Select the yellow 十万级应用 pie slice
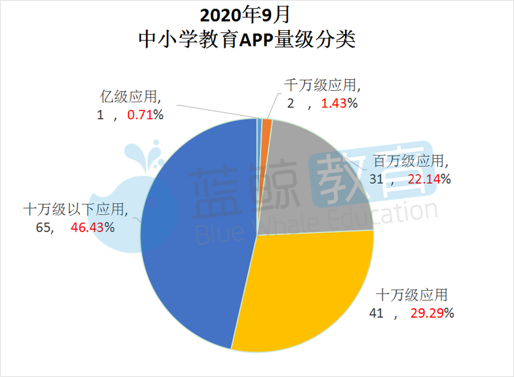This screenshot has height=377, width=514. coord(308,290)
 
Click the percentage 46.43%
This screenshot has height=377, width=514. coord(93,227)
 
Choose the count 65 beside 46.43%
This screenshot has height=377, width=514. coord(46,227)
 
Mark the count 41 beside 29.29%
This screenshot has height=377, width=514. coord(376,314)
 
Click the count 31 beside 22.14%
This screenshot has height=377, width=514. coord(377,179)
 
